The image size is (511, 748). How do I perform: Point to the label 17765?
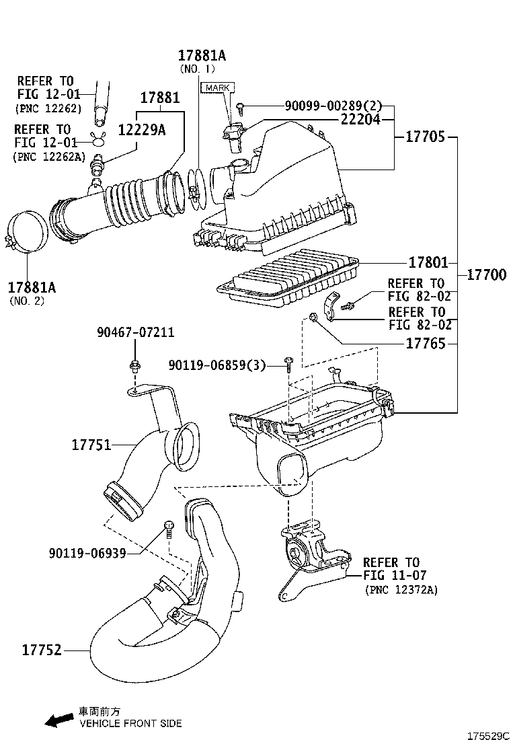pyautogui.click(x=426, y=344)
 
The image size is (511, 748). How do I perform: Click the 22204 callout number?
pyautogui.click(x=360, y=120)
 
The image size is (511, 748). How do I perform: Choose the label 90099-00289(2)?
pyautogui.click(x=333, y=106)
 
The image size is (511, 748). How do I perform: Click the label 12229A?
pyautogui.click(x=142, y=130)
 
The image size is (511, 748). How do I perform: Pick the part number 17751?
pyautogui.click(x=92, y=445)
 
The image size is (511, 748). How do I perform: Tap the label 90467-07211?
pyautogui.click(x=135, y=332)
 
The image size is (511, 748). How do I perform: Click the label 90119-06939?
pyautogui.click(x=87, y=552)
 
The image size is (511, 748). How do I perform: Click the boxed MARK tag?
pyautogui.click(x=217, y=88)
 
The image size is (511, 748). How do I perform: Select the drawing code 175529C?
pyautogui.click(x=488, y=736)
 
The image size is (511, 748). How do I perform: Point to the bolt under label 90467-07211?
pyautogui.click(x=134, y=367)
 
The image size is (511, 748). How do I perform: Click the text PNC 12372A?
pyautogui.click(x=401, y=590)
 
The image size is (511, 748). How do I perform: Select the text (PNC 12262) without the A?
pyautogui.click(x=48, y=108)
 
